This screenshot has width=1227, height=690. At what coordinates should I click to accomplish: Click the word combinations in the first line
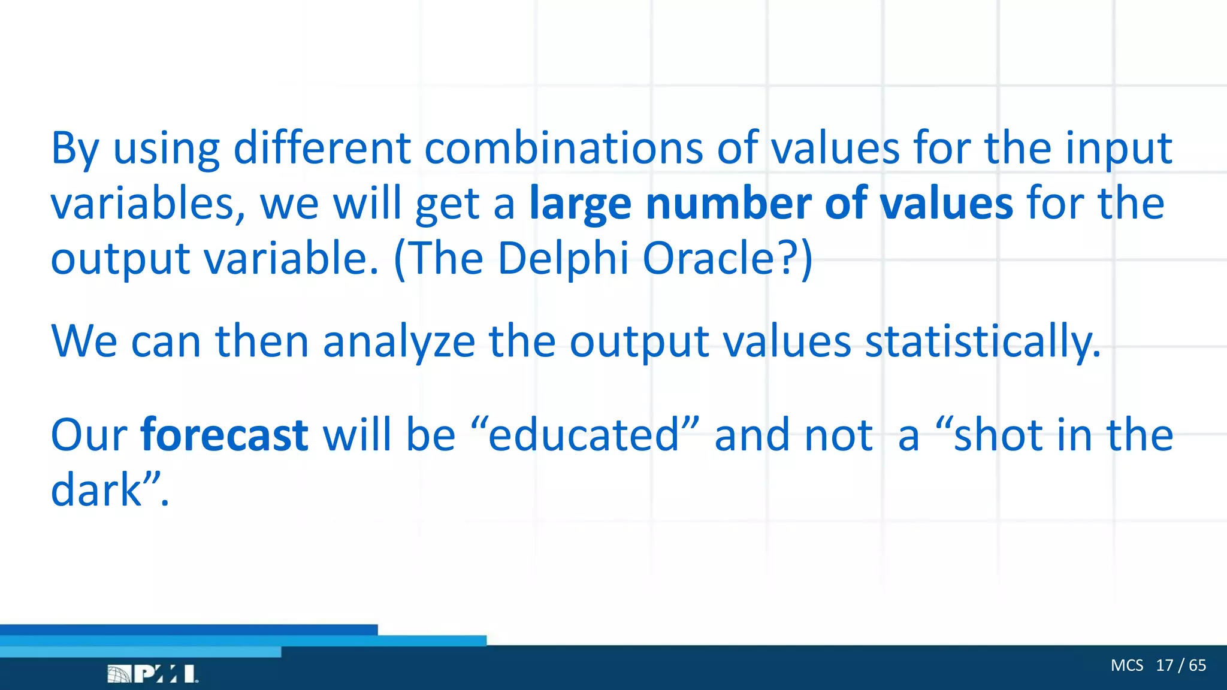tap(563, 148)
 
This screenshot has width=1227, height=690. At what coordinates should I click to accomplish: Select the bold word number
tap(727, 204)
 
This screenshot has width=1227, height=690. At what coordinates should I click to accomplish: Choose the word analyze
tap(398, 341)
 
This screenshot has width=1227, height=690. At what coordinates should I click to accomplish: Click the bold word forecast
tap(224, 435)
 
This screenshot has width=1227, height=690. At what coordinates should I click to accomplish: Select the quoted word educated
tap(585, 435)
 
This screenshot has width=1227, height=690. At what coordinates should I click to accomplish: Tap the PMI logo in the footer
tap(153, 674)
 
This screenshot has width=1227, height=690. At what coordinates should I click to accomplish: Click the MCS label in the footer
tap(1126, 665)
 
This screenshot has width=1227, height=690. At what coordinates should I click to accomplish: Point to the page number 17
tap(1164, 665)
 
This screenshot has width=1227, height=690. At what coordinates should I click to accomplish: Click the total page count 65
tap(1197, 665)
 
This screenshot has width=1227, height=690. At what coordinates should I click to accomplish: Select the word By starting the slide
tap(75, 149)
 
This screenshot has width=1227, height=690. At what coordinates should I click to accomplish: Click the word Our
tap(89, 435)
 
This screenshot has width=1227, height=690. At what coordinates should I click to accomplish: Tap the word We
tap(84, 341)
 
